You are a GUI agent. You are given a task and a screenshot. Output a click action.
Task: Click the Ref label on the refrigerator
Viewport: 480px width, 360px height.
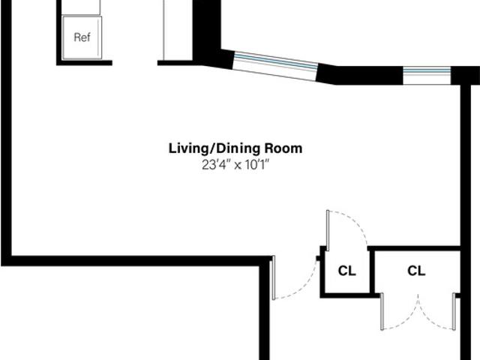coord(82,37)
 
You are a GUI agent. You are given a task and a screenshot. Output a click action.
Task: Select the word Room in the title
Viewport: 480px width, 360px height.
coord(283,148)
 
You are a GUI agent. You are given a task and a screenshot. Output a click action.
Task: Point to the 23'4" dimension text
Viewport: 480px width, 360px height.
coord(215,165)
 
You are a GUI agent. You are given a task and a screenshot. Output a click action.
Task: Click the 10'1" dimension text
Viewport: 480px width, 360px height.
coord(256,165)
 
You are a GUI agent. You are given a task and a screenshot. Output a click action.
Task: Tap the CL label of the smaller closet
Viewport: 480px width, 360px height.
coord(346,271)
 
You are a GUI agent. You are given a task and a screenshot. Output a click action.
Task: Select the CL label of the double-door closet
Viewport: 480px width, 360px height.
coord(416,271)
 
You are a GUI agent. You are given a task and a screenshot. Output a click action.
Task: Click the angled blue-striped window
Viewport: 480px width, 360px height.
coord(275,67)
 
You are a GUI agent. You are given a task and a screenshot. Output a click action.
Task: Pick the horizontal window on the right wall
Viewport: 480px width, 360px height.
coord(427,75)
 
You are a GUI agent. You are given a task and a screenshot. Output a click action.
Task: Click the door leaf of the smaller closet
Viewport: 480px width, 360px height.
coord(328,230)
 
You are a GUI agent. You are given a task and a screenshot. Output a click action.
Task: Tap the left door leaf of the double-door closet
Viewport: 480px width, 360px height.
coord(382,311)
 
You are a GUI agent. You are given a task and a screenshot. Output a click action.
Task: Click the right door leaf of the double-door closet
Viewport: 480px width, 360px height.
coord(454,311)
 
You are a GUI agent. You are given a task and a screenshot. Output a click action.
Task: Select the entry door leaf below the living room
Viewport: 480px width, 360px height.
coord(274,277)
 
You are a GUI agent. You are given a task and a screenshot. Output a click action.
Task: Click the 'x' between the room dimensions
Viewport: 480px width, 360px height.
coord(238,166)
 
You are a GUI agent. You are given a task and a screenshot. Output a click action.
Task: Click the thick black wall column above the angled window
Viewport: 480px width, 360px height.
coord(206,29)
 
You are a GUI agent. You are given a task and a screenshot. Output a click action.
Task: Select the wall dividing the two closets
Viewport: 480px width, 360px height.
coord(372,271)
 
